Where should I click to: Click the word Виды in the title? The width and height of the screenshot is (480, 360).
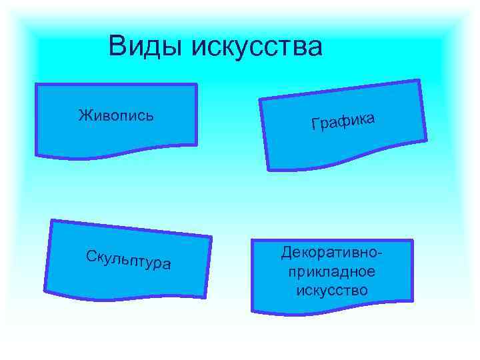146,47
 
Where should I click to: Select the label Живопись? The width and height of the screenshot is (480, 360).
116,115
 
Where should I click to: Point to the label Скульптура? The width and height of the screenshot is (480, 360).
129,259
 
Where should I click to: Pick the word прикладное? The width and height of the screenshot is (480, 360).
332,272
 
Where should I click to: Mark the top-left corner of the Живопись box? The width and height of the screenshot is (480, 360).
35,85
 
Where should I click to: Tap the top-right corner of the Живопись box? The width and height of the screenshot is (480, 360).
197,85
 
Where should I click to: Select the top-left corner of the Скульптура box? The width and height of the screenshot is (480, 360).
53,221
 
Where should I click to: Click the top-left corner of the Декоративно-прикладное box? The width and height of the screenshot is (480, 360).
252,241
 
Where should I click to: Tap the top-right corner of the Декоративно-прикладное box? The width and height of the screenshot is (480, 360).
413,241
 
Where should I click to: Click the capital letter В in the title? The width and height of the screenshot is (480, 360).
118,47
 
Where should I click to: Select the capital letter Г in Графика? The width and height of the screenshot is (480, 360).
315,125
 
